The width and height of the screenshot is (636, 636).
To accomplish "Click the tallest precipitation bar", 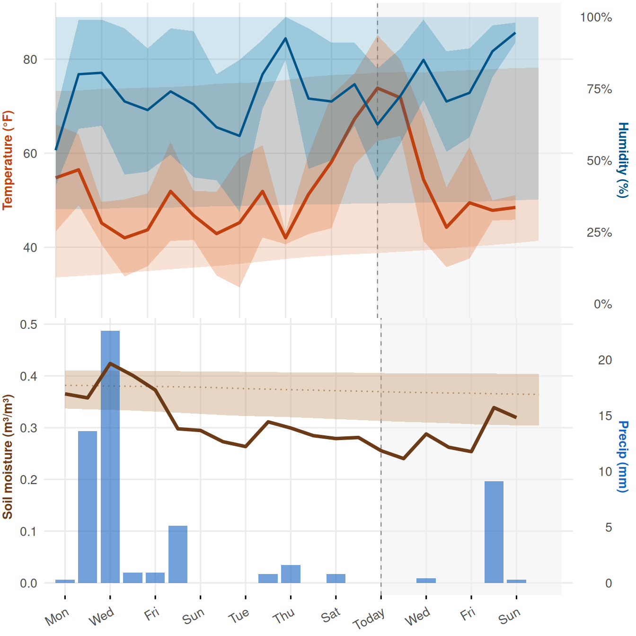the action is [x=110, y=457].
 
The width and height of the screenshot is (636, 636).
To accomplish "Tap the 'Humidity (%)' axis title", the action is [x=623, y=160].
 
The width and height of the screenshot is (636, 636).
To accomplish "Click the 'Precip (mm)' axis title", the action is [x=623, y=457].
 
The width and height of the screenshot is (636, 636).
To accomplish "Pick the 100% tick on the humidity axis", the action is [x=596, y=17].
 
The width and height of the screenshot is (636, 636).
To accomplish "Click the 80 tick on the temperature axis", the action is [x=30, y=60].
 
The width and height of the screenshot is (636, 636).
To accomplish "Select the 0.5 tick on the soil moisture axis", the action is [x=29, y=325].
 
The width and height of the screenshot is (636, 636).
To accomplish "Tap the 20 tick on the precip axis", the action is [x=605, y=360].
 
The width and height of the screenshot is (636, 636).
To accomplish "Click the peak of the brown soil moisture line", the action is [x=110, y=363].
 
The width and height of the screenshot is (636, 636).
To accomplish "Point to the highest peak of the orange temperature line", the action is [x=378, y=88].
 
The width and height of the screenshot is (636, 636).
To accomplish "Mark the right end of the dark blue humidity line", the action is [x=515, y=33].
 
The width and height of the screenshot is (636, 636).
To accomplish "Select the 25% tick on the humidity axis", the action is [x=600, y=233].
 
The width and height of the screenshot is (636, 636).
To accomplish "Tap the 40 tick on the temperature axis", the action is [x=30, y=247].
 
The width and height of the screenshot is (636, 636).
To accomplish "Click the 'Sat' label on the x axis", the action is [x=330, y=615].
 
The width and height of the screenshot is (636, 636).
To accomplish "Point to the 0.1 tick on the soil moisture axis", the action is [x=29, y=532].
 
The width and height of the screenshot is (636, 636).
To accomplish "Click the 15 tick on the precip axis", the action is [x=605, y=416].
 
